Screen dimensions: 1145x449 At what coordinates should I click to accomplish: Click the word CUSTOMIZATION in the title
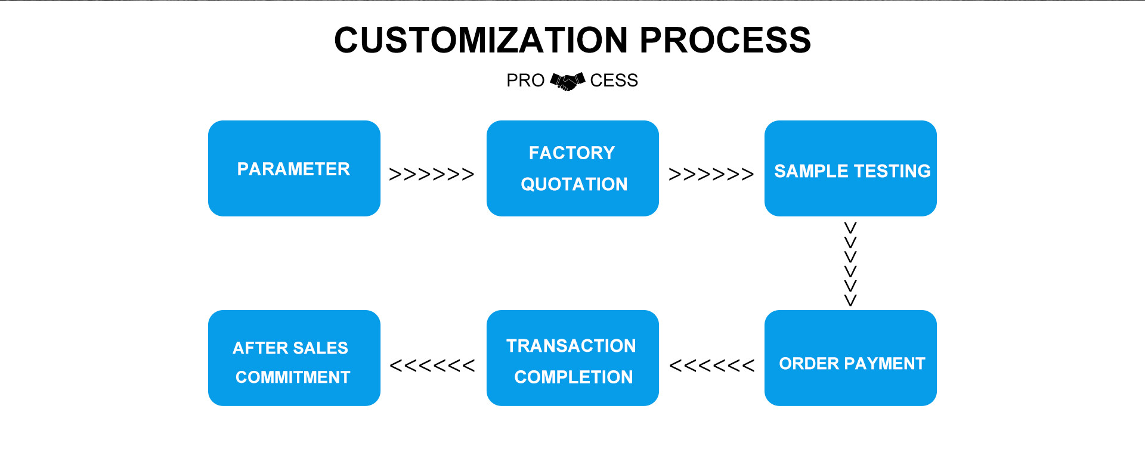[x=481, y=40]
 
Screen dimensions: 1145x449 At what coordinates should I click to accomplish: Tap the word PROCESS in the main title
[x=725, y=40]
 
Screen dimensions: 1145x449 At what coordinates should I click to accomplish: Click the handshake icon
[x=567, y=81]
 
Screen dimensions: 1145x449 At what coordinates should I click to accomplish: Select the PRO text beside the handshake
[x=525, y=80]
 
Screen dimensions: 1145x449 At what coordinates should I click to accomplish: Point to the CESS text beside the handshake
[x=614, y=80]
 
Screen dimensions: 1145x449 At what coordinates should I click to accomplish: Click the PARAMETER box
[x=294, y=168]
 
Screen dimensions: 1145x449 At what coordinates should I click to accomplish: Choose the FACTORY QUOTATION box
[x=572, y=168]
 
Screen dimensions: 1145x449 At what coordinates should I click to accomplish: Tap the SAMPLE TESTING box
[x=850, y=168]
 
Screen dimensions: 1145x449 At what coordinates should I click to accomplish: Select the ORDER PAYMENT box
[x=850, y=358]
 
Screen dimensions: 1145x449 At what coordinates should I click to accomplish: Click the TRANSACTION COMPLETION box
[x=572, y=358]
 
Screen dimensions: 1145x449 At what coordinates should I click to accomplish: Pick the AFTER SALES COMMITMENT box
[x=294, y=358]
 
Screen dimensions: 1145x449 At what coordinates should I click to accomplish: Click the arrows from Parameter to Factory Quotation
[x=432, y=174]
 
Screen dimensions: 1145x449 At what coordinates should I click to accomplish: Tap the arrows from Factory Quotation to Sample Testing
[x=711, y=174]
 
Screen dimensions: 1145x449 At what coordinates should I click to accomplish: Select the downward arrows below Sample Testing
[x=850, y=264]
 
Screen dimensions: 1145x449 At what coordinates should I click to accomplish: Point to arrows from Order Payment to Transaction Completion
[x=711, y=366]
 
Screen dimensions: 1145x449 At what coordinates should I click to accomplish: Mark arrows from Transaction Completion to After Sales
[x=432, y=366]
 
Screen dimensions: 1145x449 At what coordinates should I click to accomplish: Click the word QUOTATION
[x=574, y=184]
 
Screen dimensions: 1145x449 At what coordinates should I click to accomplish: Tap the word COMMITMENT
[x=293, y=377]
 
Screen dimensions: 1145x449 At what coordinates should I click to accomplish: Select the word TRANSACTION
[x=571, y=346]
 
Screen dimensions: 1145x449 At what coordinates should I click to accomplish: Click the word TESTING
[x=892, y=171]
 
